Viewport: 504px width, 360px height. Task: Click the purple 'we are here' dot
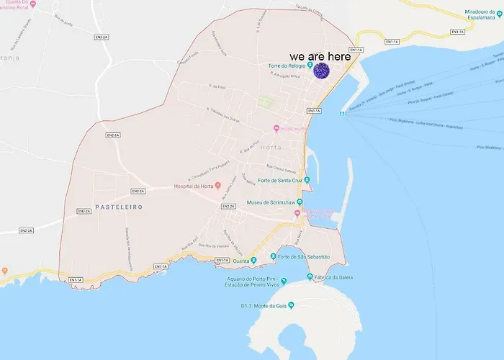pyautogui.click(x=321, y=70)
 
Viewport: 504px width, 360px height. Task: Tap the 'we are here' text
pyautogui.click(x=320, y=56)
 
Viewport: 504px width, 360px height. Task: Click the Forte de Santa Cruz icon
pyautogui.click(x=307, y=180)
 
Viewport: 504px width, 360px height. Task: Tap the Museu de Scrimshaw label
pyautogui.click(x=271, y=202)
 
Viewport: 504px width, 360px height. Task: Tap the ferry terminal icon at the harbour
pyautogui.click(x=343, y=112)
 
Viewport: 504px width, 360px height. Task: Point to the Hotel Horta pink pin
pyautogui.click(x=276, y=129)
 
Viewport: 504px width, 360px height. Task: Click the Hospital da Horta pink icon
pyautogui.click(x=218, y=175)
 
